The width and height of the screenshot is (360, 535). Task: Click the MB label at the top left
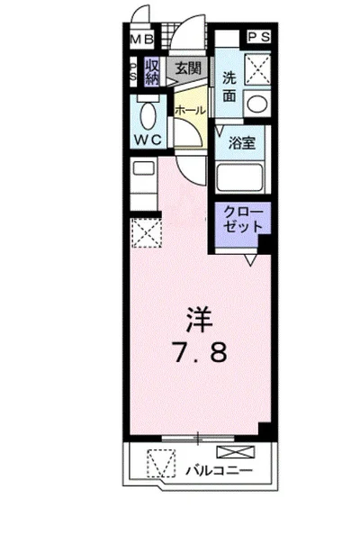click(141, 39)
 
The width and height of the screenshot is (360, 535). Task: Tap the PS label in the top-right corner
click(260, 37)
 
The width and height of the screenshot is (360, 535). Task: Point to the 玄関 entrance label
click(187, 68)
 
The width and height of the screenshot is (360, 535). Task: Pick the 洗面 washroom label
click(229, 86)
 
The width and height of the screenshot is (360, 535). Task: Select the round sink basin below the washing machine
click(258, 103)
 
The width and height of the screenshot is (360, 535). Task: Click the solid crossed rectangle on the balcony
click(230, 453)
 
